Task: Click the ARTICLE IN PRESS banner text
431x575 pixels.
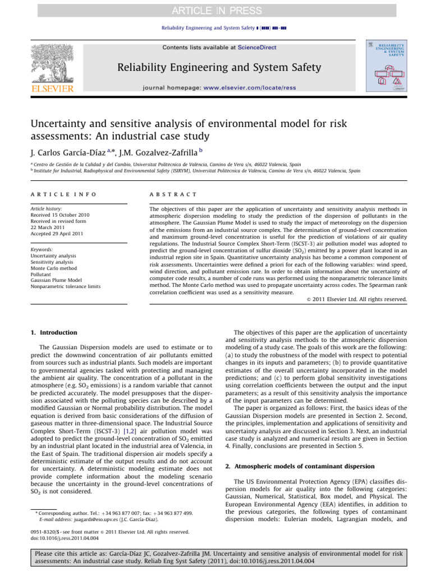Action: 215,10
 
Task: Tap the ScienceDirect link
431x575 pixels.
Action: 257,48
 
